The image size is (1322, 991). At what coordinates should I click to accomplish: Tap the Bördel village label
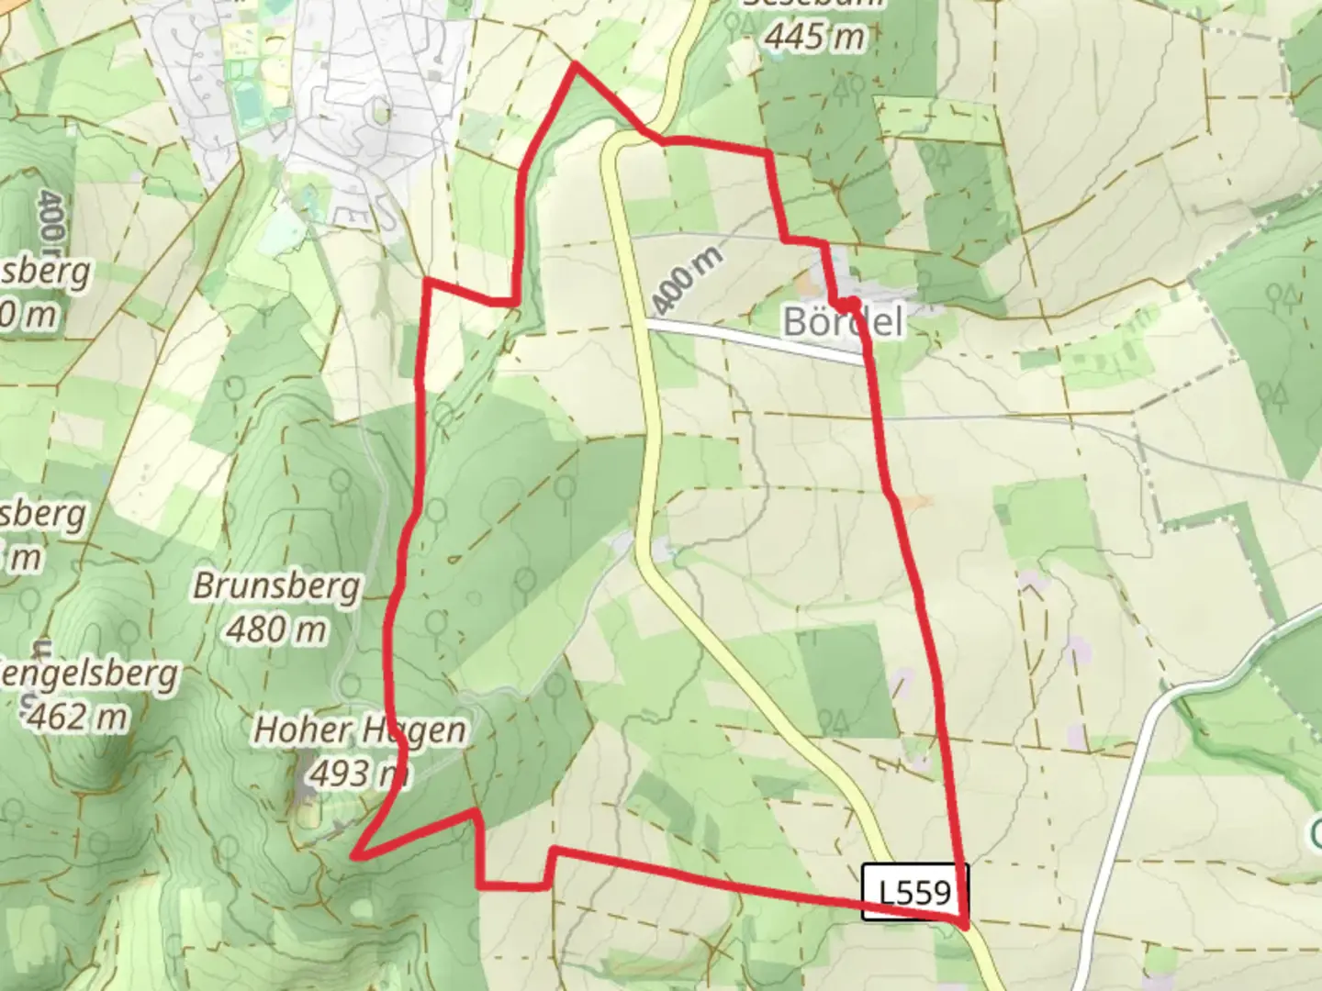coord(843,322)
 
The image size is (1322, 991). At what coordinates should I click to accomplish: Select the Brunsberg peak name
coord(277,587)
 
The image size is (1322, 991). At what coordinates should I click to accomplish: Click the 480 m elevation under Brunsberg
coord(276,630)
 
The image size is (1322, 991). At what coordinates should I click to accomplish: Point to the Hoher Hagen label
coord(359,730)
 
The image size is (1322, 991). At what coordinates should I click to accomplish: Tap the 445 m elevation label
coord(815,37)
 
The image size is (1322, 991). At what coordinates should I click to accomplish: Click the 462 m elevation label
coord(77,717)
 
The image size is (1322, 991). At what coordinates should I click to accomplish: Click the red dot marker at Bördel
coord(852,303)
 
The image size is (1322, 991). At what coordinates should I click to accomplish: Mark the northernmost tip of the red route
coord(575,65)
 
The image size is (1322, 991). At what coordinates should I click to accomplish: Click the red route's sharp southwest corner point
coord(355,856)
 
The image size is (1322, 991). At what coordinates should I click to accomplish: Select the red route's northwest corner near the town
coord(426,283)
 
